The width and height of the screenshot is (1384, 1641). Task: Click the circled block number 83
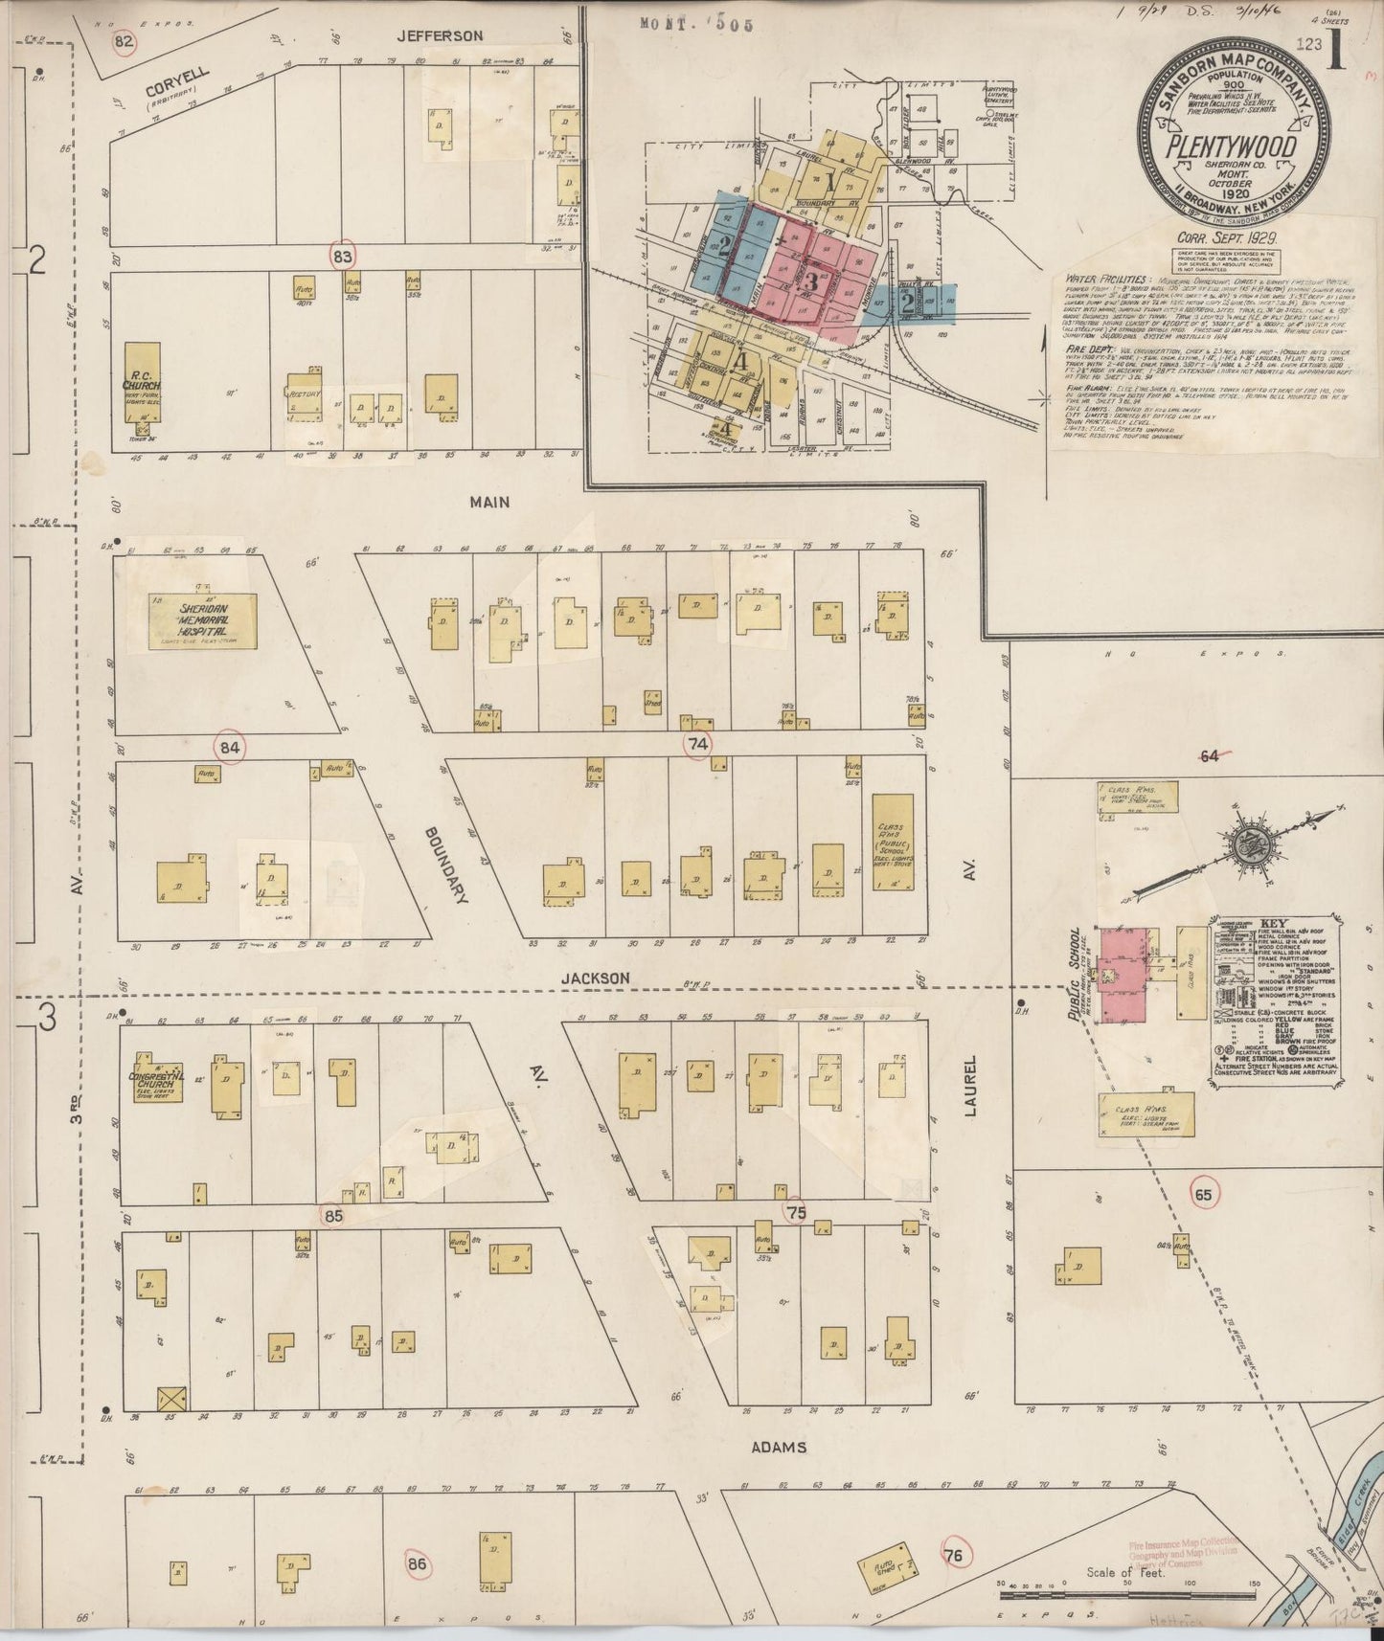[343, 257]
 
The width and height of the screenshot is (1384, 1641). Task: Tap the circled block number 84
[230, 748]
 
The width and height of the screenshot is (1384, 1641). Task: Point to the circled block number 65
[1203, 1194]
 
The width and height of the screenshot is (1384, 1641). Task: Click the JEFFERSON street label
[441, 36]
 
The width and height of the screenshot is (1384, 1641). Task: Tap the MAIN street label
[489, 502]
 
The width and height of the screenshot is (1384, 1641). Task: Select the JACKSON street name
[595, 978]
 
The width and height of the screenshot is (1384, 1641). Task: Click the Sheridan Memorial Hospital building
[203, 620]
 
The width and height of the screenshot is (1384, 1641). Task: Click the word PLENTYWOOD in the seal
[1231, 146]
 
